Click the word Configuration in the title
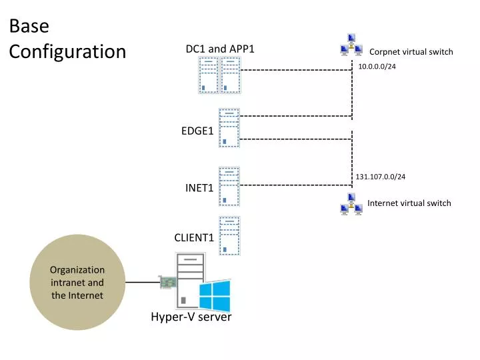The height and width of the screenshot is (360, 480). [67, 51]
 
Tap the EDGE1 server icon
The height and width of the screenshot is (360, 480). [229, 128]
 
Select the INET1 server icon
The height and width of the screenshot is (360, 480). [229, 187]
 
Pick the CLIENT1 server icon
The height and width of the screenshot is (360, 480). [229, 236]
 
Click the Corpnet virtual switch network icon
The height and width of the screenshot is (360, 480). [351, 45]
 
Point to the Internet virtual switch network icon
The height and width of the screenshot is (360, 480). [351, 204]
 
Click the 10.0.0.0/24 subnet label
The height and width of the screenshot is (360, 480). [377, 67]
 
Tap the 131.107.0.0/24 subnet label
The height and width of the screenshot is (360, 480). [380, 177]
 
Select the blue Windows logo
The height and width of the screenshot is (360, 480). [215, 295]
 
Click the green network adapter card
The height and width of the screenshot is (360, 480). [168, 282]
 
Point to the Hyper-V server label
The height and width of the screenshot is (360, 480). [191, 317]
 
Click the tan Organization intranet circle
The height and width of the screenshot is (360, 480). [77, 282]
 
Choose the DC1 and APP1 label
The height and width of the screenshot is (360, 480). [220, 49]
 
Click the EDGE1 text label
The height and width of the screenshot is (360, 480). [197, 131]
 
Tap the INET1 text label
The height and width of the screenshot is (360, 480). [199, 188]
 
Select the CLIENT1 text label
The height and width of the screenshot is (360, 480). [194, 237]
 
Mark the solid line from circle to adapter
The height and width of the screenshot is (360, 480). [143, 282]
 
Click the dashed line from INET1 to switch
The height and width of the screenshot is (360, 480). [296, 185]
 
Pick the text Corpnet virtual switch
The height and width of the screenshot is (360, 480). [411, 52]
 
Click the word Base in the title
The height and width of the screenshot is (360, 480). [29, 26]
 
